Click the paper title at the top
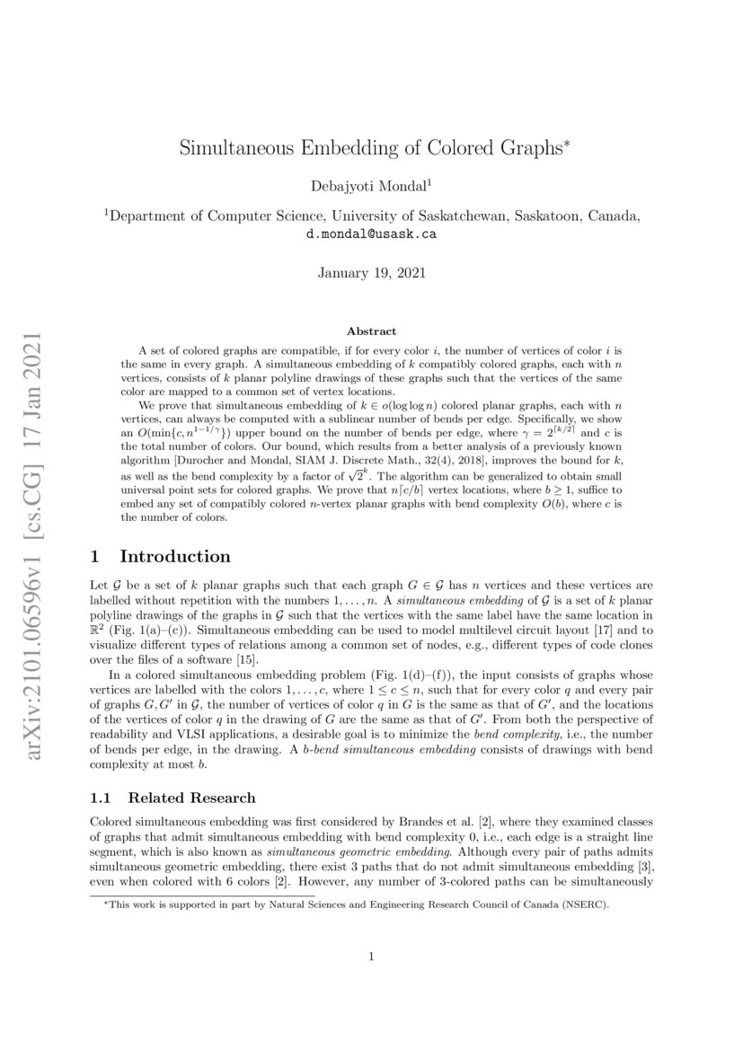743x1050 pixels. point(372,148)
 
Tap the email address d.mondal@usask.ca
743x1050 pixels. point(372,234)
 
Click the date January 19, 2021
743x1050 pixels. point(372,272)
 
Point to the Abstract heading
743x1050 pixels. point(371,331)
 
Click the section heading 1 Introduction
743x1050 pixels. point(161,556)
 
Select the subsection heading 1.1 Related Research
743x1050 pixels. point(173,798)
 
